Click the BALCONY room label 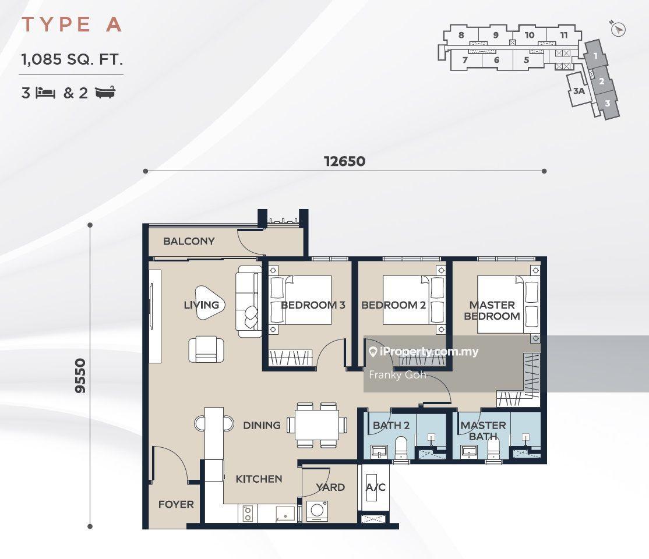point(189,241)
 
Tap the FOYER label point(176,504)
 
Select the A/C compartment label point(375,487)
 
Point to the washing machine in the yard point(317,511)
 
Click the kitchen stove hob point(248,514)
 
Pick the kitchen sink point(285,514)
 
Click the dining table point(317,425)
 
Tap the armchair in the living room point(206,349)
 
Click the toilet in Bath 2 point(401,448)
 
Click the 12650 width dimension point(344,161)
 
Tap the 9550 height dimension point(80,376)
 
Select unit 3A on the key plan point(579,91)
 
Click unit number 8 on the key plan point(461,35)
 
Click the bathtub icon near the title point(105,92)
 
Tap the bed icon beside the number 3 point(45,93)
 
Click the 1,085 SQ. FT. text point(72,59)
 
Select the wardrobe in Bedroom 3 point(290,358)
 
